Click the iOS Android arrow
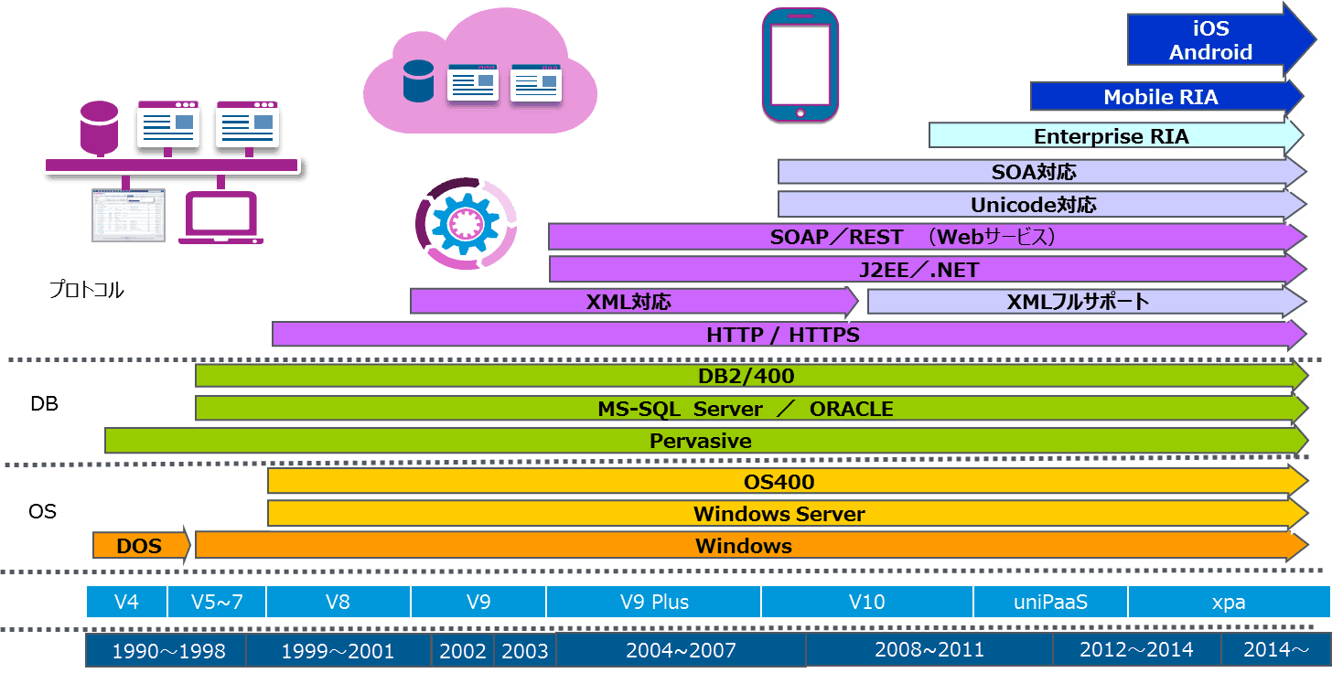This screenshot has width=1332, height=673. click(1210, 41)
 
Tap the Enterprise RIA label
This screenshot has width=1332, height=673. click(1111, 137)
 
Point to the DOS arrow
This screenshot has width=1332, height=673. click(141, 546)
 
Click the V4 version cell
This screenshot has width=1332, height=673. click(126, 603)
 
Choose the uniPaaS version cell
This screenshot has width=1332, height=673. click(1049, 603)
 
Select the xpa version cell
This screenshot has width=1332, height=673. click(1228, 603)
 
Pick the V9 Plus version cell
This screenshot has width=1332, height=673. click(653, 603)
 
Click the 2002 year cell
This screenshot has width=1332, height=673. click(463, 651)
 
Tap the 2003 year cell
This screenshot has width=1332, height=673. click(525, 651)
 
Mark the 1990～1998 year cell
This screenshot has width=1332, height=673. click(166, 651)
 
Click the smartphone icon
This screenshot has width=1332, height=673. click(800, 65)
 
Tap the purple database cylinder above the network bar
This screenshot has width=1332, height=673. click(99, 126)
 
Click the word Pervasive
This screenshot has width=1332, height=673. click(700, 441)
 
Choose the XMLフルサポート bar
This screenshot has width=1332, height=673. click(1078, 302)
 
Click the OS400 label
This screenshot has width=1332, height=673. click(779, 482)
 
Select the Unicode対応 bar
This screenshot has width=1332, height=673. click(1033, 205)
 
